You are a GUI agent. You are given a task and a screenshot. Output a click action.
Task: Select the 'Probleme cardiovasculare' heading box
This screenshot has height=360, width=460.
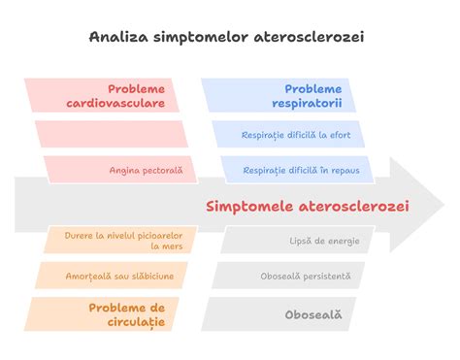[x=107, y=95]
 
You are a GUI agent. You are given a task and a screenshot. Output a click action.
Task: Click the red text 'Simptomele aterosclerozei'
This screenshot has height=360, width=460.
[x=308, y=206]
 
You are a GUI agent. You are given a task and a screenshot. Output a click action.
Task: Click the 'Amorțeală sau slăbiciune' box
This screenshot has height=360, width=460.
[x=112, y=276]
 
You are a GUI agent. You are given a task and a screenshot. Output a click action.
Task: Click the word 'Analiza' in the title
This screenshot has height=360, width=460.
[x=115, y=37]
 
